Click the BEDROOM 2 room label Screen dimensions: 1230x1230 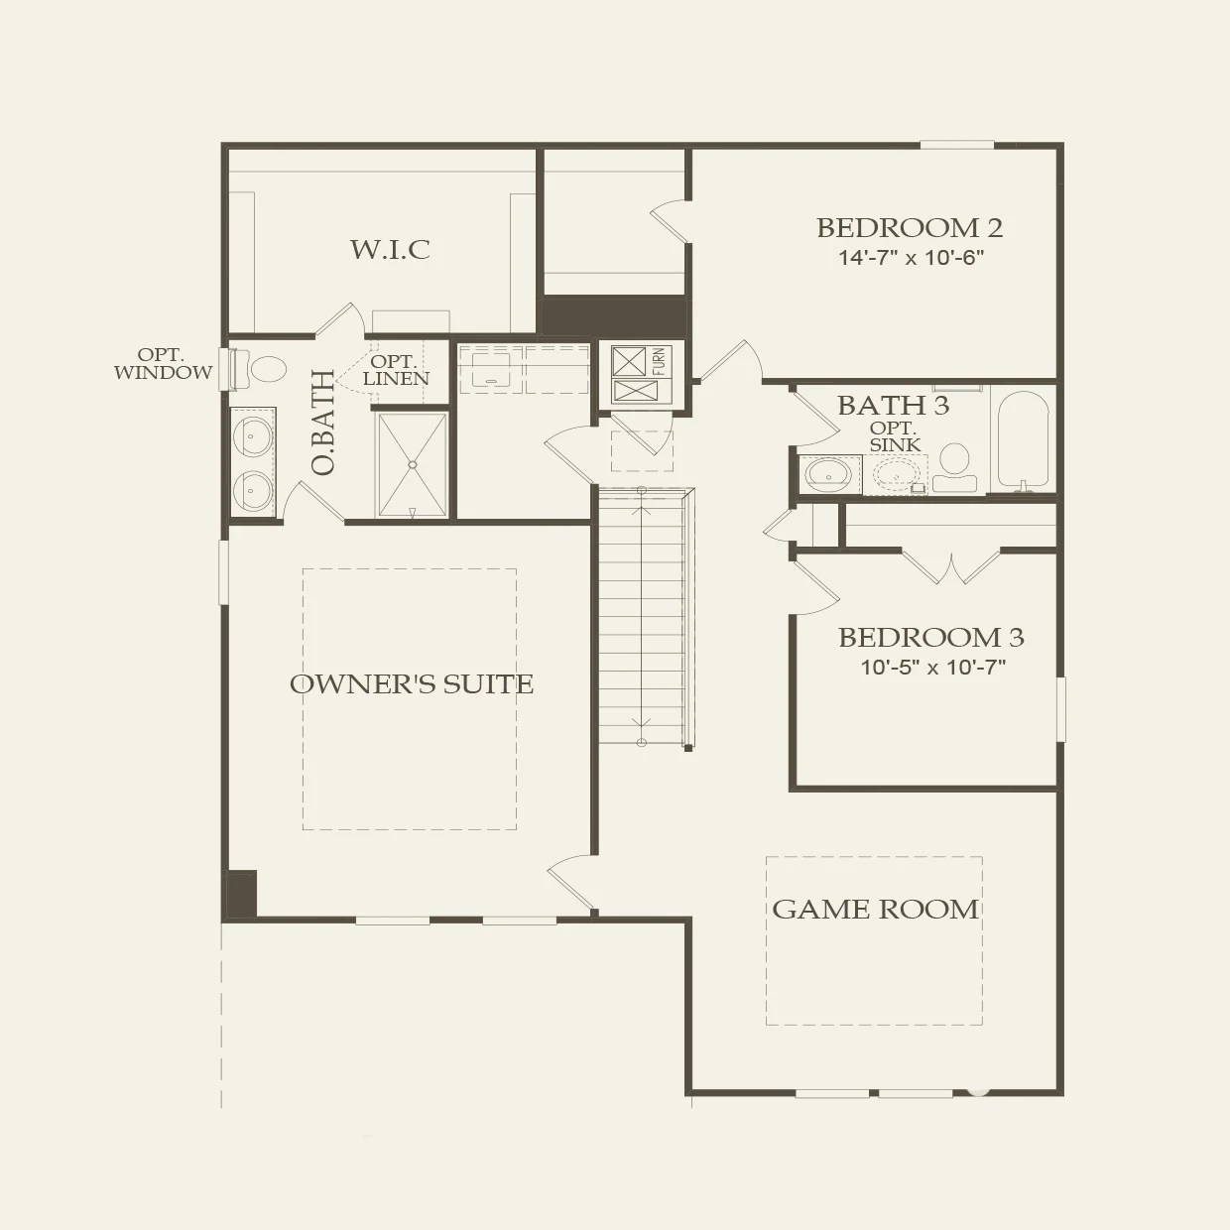909,228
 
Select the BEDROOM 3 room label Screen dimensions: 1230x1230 930,638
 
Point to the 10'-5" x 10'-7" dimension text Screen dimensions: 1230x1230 932,668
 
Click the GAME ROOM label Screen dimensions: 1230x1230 875,910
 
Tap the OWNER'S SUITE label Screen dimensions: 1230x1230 411,684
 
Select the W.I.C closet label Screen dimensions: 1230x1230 390,249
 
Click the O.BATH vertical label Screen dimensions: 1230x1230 323,424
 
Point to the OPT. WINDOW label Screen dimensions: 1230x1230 163,364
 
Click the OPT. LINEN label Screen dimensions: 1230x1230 396,371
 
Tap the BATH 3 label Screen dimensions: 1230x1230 893,406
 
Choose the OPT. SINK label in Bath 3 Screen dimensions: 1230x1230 895,436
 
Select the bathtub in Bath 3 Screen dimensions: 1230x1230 1022,439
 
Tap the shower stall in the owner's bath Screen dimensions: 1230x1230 412,463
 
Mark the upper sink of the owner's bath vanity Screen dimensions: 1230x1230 253,433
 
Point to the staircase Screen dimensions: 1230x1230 642,615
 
